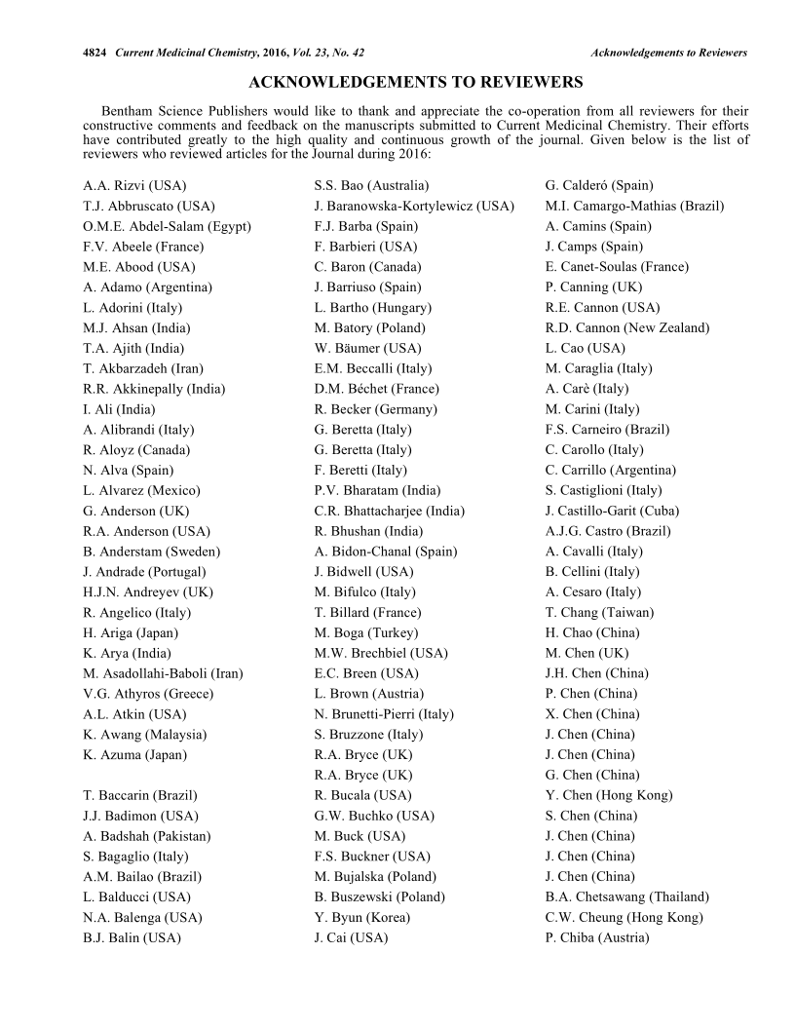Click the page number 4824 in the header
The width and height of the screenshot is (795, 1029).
pos(95,52)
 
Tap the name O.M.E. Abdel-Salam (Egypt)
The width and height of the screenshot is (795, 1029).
pos(168,226)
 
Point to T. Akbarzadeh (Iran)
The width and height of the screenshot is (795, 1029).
pos(136,368)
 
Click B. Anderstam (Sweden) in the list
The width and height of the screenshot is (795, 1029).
pos(152,552)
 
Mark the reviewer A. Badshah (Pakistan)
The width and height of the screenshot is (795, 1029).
pos(147,836)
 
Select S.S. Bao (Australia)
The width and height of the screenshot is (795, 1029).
pos(371,185)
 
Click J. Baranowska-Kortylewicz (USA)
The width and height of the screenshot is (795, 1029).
pos(414,206)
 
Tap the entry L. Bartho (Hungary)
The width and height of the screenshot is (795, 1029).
pos(373,308)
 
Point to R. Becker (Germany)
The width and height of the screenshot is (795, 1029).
pos(376,409)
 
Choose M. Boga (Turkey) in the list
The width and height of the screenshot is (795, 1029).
pos(366,632)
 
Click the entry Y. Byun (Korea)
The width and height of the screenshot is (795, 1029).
pos(362,917)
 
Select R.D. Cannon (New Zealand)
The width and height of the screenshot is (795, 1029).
pos(627,327)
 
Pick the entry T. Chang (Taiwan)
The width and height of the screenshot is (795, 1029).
pos(600,612)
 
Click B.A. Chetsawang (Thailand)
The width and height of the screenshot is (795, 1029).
pos(627,896)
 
